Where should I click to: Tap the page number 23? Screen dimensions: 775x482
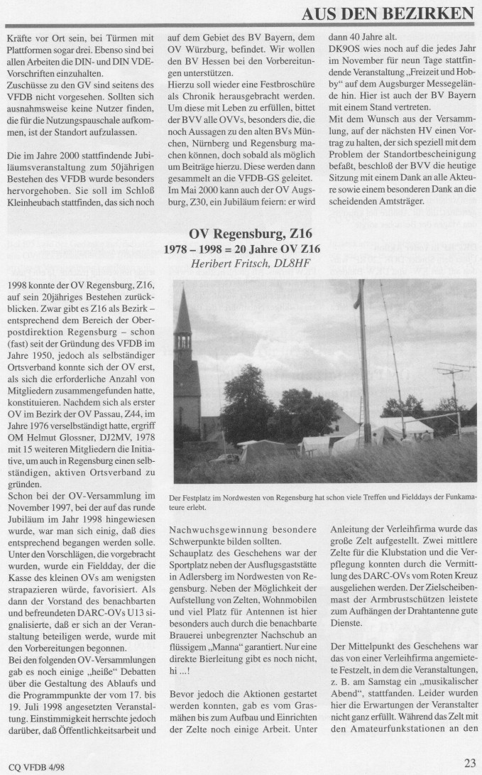469,763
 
